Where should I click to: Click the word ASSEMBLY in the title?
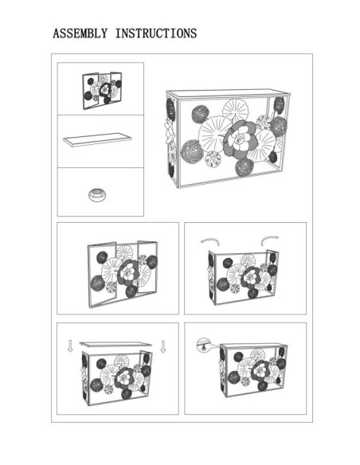coord(80,33)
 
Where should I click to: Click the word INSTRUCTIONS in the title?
coord(156,33)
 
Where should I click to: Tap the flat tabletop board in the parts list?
coord(97,139)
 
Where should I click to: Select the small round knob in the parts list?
coord(97,195)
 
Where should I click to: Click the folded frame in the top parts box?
coord(102,90)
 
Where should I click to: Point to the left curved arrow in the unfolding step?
coord(210,241)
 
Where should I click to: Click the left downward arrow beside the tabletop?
coord(70,346)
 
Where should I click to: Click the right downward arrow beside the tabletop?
coord(162,346)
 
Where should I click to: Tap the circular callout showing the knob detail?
coord(203,345)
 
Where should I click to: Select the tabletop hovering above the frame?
coord(115,344)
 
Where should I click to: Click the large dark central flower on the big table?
coord(240,140)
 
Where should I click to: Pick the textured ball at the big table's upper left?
coord(201,114)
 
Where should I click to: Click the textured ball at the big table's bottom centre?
coord(245,167)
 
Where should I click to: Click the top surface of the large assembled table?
coord(229,93)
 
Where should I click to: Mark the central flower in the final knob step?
coord(260,370)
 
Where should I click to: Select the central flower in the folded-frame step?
coord(128,275)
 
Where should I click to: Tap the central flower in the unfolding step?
coord(252,278)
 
